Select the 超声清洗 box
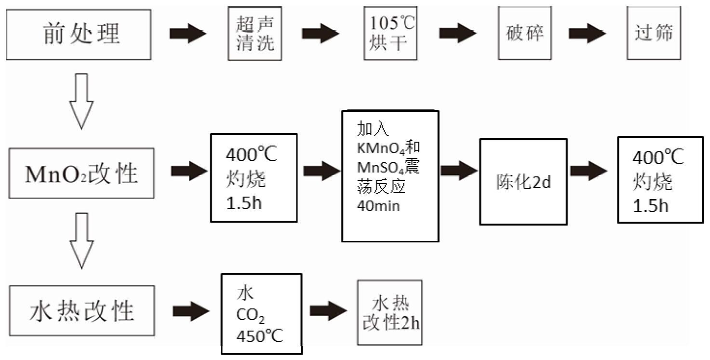255,33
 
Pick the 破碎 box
524,33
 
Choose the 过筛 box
654,33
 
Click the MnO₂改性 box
81,173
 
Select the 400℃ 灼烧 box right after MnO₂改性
254,177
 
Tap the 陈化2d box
523,182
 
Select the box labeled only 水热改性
81,311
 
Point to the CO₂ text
250,315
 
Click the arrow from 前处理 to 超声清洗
188,34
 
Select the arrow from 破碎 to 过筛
587,34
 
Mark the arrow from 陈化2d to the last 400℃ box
589,172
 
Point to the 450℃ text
259,335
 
